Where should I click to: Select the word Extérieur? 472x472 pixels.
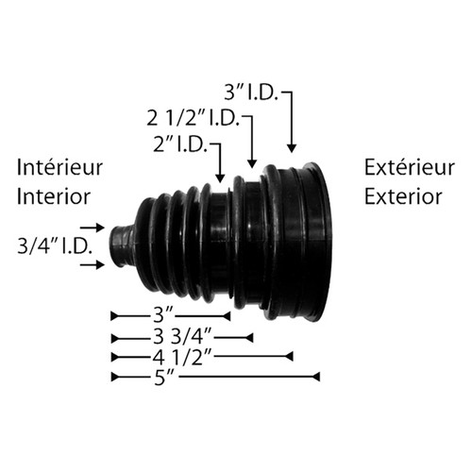(405, 168)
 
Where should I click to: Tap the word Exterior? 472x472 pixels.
(402, 196)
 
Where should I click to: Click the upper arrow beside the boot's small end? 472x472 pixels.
(93, 228)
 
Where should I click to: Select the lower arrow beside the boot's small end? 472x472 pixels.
(93, 266)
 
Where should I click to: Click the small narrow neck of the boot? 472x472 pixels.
(122, 245)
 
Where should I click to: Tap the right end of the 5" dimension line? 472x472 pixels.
(318, 377)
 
